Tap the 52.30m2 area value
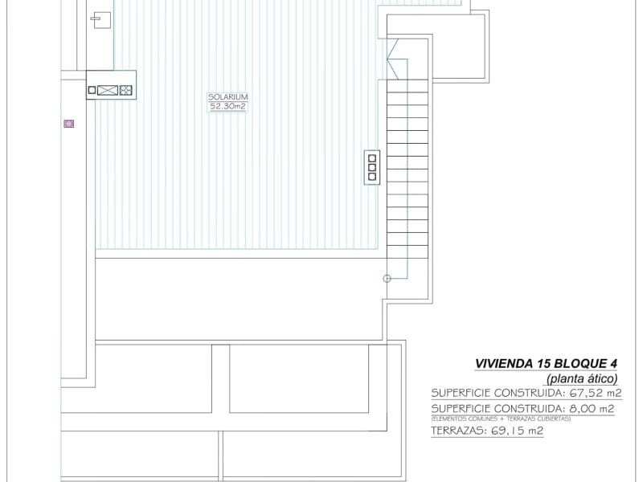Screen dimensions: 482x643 [227, 106]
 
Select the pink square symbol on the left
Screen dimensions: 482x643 [69, 124]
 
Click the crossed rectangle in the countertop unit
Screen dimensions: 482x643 [108, 91]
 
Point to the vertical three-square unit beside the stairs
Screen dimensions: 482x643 [371, 167]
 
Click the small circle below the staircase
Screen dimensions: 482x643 [387, 279]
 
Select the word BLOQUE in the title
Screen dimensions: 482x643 [568, 362]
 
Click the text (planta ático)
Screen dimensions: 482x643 [582, 378]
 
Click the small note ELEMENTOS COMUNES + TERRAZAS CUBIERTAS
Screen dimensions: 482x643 [501, 419]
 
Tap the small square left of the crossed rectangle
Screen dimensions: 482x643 [92, 91]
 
